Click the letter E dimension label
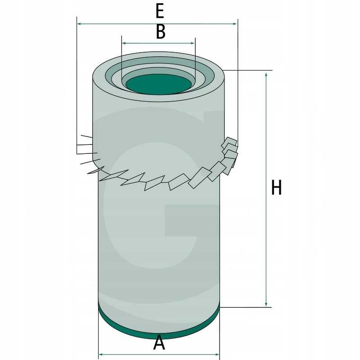160,11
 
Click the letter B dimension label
161,32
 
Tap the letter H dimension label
276,187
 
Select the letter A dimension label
159,343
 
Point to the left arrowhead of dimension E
80,24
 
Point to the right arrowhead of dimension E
234,24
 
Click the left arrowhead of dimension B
124,43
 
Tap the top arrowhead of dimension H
266,75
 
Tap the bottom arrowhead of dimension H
266,304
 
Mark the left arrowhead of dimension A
101,355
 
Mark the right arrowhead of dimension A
216,355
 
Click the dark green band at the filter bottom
159,329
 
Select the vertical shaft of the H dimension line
266,189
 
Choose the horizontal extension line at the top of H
247,70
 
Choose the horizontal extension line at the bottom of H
246,307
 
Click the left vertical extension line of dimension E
76,85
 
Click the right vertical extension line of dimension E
238,82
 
